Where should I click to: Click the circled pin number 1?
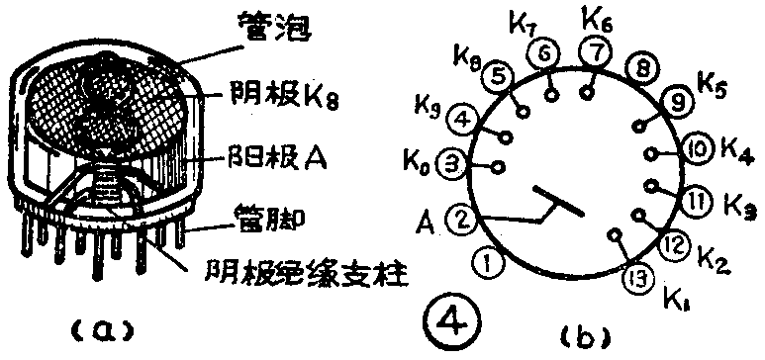(x=486, y=262)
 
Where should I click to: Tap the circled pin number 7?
(x=595, y=48)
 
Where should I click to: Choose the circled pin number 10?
(x=697, y=150)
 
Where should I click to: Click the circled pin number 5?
(x=501, y=75)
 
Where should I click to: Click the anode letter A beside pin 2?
(x=429, y=218)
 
